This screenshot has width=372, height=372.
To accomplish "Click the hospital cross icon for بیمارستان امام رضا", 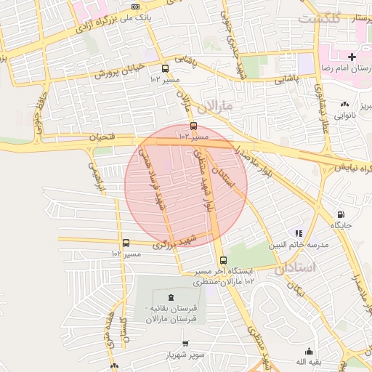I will (352, 57).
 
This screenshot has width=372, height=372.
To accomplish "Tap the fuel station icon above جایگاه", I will (341, 214).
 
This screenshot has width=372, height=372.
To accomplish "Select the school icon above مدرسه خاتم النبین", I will (298, 233).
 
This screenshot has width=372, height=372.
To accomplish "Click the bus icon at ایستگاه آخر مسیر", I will (222, 261).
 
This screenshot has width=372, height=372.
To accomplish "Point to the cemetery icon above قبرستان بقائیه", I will (171, 297).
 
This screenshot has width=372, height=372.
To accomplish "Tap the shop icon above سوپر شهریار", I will (185, 343).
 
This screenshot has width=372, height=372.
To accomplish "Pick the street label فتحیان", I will (102, 136).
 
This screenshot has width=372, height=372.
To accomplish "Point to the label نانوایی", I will (344, 115).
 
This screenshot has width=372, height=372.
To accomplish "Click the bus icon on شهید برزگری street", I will (126, 243).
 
